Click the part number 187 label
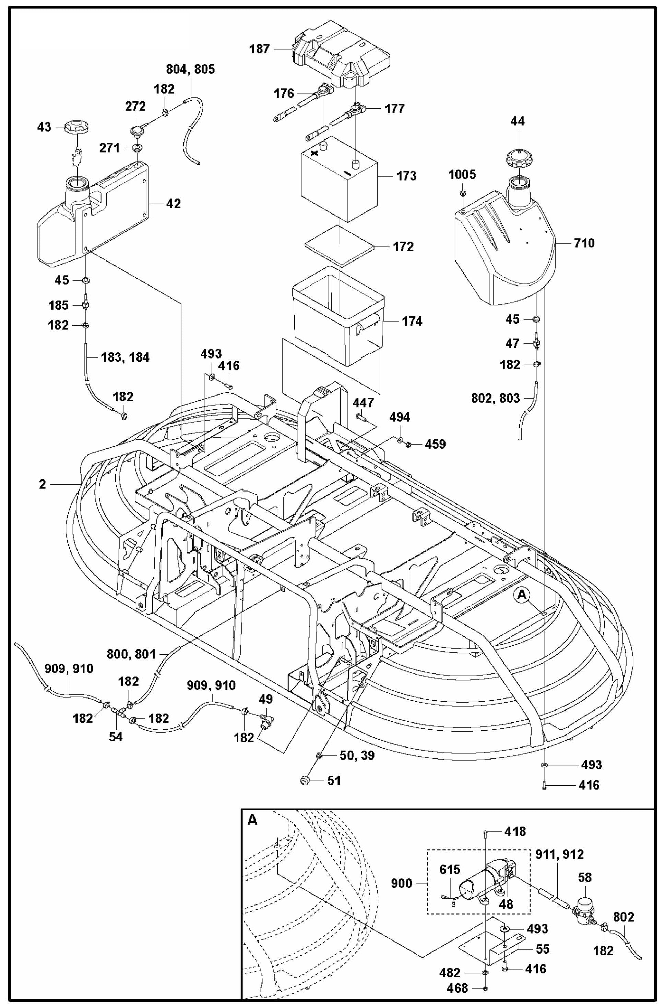coord(259,49)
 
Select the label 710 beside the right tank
coord(584,243)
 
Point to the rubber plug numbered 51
coord(304,780)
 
